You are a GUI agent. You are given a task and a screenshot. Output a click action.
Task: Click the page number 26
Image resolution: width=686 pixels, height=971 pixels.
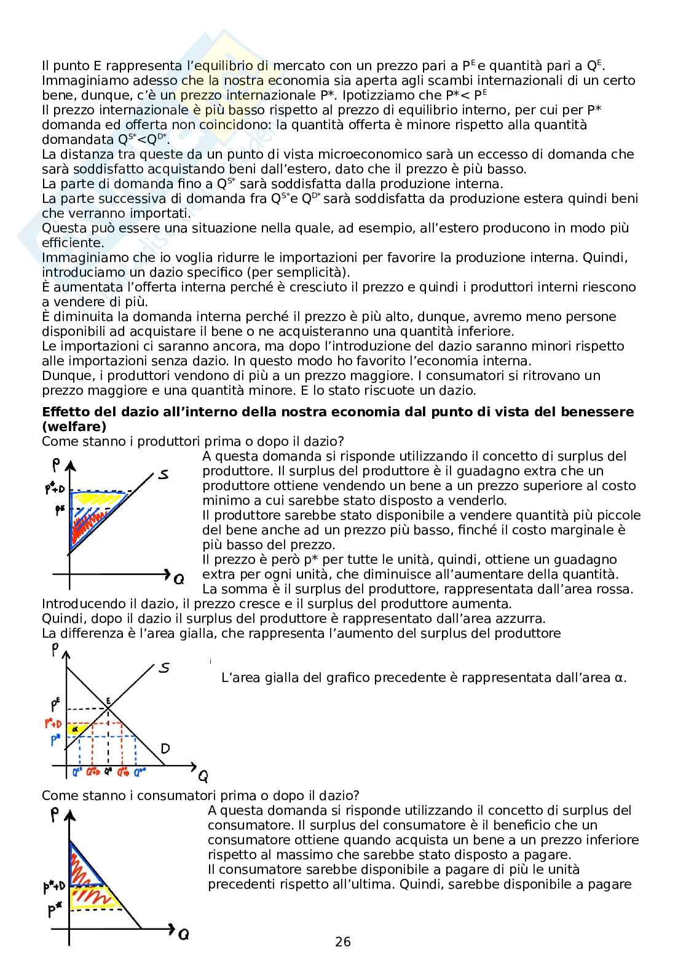tap(342, 941)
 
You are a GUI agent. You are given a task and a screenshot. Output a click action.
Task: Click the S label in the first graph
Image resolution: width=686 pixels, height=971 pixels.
tap(164, 475)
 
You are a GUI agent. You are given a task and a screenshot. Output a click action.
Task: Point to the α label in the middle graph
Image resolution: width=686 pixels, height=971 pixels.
tap(74, 729)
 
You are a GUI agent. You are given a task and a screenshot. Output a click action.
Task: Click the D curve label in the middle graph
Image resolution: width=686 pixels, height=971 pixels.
tap(165, 748)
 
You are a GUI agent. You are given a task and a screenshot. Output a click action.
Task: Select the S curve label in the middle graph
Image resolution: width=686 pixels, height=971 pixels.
tap(164, 667)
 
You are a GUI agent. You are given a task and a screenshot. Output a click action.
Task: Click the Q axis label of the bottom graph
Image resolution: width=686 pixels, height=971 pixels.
tap(183, 935)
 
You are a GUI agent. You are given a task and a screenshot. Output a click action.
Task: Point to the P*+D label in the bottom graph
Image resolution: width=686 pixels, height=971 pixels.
tap(55, 888)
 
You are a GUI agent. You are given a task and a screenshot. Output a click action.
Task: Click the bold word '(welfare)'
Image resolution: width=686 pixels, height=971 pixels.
tap(74, 426)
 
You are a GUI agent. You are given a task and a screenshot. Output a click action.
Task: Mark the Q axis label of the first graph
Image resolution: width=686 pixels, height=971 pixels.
tap(179, 579)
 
